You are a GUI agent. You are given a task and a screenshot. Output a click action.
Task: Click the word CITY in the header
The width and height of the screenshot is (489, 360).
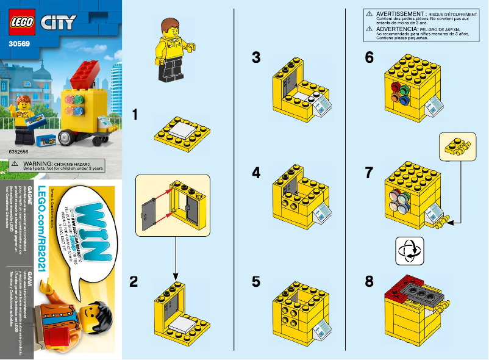58,23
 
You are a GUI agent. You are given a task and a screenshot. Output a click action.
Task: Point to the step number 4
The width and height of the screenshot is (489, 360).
256,173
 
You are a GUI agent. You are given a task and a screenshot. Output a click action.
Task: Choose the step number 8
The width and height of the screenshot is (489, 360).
369,281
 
